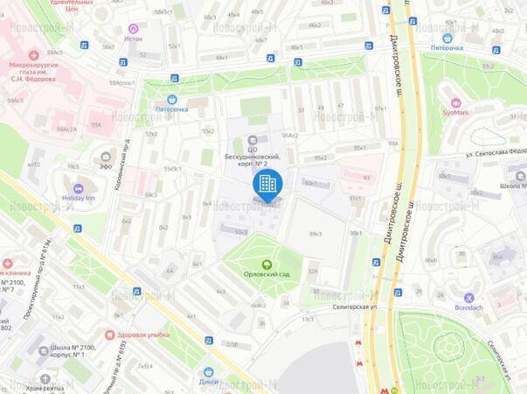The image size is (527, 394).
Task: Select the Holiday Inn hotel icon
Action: (79, 188)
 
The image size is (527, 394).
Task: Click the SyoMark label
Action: (454, 113)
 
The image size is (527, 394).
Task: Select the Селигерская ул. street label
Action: (354, 306)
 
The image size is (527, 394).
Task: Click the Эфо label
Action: (105, 165)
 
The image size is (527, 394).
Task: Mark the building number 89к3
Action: (316, 234)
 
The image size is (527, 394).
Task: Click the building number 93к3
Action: (240, 231)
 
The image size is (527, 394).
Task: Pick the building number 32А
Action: (313, 271)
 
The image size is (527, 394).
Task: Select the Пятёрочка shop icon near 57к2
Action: (171, 99)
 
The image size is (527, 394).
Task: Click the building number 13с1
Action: (308, 320)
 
